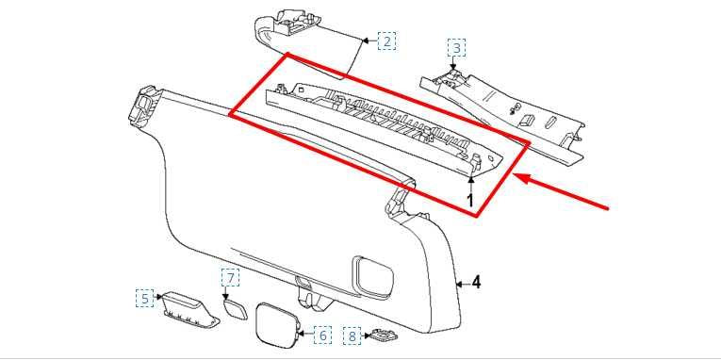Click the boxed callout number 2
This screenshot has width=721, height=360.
pos(386,41)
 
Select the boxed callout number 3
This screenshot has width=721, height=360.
pos(455,48)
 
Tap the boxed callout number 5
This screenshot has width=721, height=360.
pos(143,300)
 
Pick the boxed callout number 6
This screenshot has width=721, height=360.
pos(321,335)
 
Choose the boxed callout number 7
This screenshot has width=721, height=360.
pos(231,277)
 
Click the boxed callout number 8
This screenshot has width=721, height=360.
pos(351,335)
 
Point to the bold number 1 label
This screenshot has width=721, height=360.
pos(470,200)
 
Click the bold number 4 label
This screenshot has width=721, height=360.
pos(476,282)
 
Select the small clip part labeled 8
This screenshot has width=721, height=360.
pos(380,335)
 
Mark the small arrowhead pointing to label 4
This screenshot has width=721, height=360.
pos(460,283)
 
